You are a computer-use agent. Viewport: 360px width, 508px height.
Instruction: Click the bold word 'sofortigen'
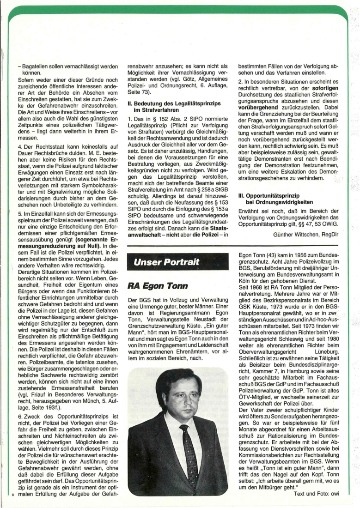(323, 95)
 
